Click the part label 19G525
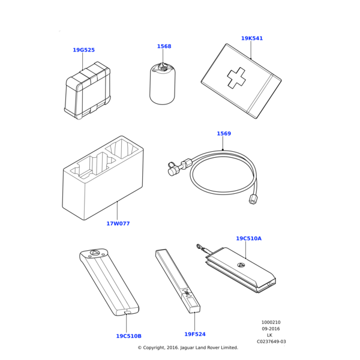[x=83, y=50]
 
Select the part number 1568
[x=164, y=46]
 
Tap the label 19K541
[x=252, y=38]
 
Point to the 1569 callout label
[x=224, y=133]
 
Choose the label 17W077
[x=118, y=223]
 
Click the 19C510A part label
[x=248, y=239]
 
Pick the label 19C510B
[x=128, y=336]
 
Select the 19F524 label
[x=195, y=334]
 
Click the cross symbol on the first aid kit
[x=236, y=77]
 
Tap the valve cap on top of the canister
[x=163, y=67]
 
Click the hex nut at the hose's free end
[x=252, y=200]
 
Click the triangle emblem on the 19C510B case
[x=94, y=253]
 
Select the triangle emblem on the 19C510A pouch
[x=240, y=265]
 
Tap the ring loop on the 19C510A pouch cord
[x=199, y=247]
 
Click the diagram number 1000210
[x=271, y=322]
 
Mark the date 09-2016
[x=271, y=329]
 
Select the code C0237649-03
[x=271, y=341]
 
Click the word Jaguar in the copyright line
[x=187, y=347]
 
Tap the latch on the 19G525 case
[x=94, y=110]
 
